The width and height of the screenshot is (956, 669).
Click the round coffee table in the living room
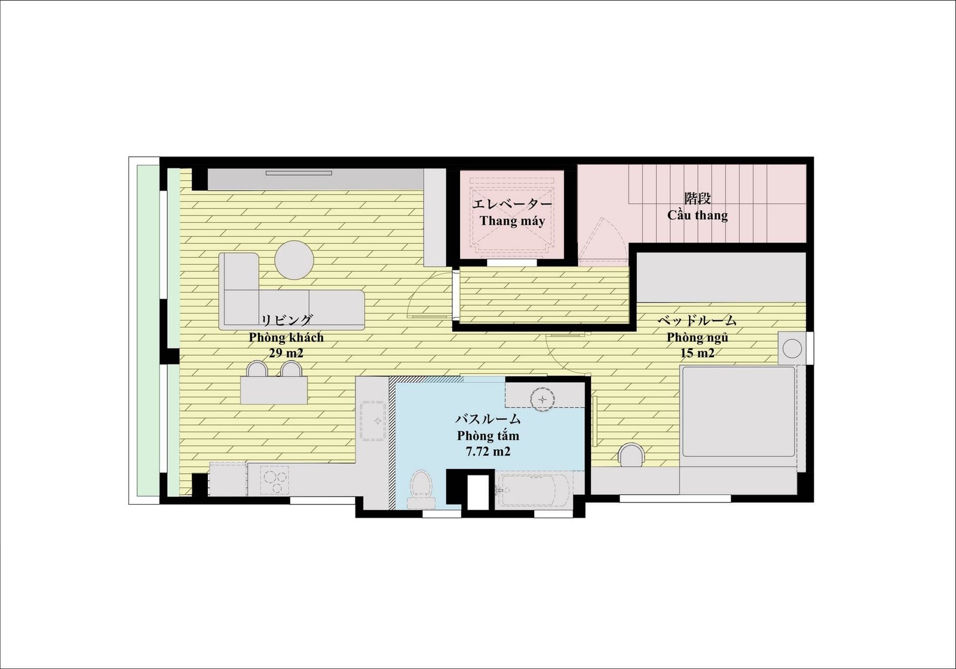coord(294,260)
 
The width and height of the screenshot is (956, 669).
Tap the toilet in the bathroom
coord(421,489)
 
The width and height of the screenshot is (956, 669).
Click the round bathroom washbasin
coord(543,400)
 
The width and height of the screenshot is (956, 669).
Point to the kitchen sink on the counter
coord(374,421)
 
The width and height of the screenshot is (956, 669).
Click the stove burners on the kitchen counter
coord(274,480)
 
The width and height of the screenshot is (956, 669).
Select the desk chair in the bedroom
coord(632,455)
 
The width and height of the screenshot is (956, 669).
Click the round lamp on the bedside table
coord(792,349)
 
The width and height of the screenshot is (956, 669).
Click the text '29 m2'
coord(286,353)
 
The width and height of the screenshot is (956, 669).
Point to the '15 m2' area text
coord(697,353)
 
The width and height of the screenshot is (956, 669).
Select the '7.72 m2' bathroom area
coord(488,452)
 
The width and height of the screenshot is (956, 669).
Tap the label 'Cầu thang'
coord(697,214)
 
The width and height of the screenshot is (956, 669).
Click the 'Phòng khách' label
coord(286,337)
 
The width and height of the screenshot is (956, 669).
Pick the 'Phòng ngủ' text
coord(697,337)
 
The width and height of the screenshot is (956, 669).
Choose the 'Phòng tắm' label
coord(488,435)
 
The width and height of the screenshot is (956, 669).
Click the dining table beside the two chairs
coord(274,390)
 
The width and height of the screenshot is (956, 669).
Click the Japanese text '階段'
coord(697,198)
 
